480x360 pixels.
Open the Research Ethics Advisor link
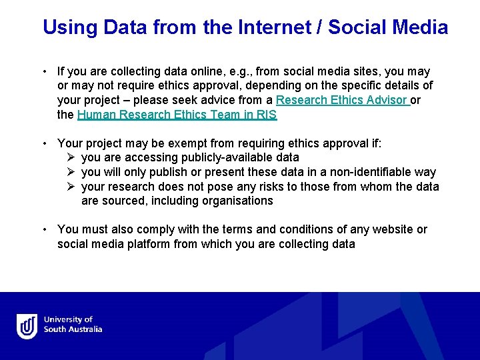click(x=341, y=100)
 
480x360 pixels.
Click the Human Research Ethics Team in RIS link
click(x=177, y=115)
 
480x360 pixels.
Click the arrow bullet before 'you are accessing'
click(x=71, y=158)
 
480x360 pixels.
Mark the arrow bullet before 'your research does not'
click(x=71, y=187)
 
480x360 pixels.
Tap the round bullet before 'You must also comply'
click(x=43, y=229)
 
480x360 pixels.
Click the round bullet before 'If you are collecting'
click(x=43, y=71)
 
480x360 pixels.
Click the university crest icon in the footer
click(x=27, y=326)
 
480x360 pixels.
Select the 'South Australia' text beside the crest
click(x=73, y=330)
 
